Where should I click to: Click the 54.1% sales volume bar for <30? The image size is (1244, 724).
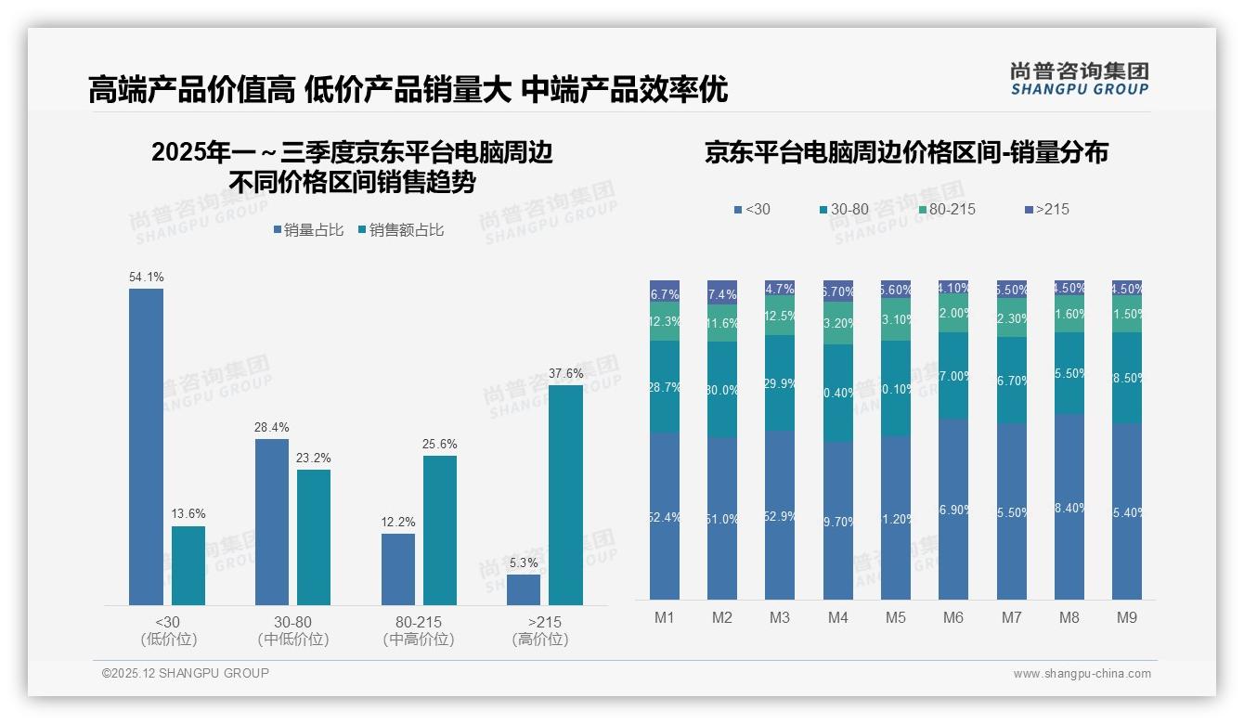point(146,446)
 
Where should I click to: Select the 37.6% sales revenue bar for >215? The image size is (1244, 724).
point(565,495)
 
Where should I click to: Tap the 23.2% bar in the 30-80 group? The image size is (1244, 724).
point(314,537)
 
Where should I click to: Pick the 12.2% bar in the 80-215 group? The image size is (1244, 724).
point(397,569)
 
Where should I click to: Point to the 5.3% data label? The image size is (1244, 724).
point(524,563)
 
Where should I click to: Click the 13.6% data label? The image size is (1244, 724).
point(188,514)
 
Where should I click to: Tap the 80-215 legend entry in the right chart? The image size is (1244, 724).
point(946,210)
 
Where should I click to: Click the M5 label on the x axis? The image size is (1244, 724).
point(895,617)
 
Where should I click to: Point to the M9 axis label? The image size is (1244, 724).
point(1126,617)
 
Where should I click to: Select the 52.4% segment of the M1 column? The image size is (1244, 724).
point(665,516)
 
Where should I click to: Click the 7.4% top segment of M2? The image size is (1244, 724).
point(722,292)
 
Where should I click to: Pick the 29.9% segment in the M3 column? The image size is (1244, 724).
point(780,382)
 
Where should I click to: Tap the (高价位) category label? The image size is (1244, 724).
point(539,640)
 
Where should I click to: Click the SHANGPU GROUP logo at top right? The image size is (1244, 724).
point(1079,79)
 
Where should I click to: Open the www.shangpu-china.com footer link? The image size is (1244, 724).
point(1082,674)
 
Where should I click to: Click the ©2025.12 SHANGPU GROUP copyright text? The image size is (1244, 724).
point(186,673)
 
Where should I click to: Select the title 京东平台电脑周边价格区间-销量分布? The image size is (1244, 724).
point(906,153)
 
